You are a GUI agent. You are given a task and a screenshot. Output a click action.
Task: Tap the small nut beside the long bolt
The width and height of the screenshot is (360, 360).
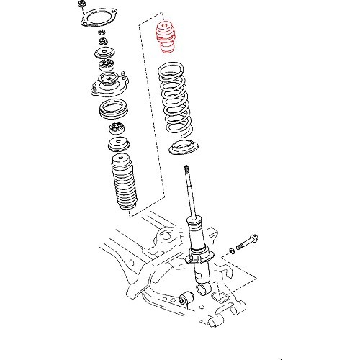231,250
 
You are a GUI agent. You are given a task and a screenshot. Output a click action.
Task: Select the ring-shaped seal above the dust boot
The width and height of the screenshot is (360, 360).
112,111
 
